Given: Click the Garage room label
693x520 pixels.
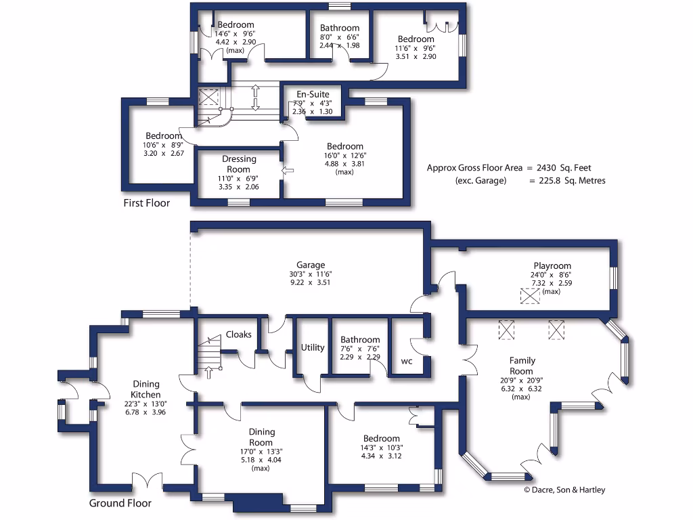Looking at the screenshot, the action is [310, 265].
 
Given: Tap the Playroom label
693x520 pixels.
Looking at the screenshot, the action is [552, 265].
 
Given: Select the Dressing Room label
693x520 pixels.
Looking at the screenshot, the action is [239, 164].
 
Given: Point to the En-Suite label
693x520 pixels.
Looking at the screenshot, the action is [313, 94].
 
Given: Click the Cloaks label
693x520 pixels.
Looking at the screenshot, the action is [239, 334].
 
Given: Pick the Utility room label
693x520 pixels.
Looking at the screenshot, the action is [313, 347].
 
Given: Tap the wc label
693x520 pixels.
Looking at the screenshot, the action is [407, 362].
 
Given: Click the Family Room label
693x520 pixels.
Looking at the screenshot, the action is [522, 366].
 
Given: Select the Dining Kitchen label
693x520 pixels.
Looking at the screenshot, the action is [146, 389].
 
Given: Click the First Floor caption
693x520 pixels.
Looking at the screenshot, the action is [147, 203].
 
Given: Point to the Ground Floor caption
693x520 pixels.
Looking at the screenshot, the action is [120, 503].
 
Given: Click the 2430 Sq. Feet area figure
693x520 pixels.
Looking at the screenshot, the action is [564, 168].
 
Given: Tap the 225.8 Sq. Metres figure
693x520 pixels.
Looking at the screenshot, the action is [572, 180].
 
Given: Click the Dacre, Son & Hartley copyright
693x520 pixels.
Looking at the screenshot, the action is [564, 490].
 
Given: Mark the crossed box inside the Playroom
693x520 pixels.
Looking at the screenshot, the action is [530, 296].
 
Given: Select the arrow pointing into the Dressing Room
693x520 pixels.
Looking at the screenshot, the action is [288, 170].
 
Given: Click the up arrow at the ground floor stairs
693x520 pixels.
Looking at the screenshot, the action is [208, 372].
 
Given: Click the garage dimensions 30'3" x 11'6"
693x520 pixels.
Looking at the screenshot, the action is [310, 274].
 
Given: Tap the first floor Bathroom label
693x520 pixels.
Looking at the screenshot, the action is [340, 28].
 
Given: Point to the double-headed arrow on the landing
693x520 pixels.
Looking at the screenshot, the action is [255, 98].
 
